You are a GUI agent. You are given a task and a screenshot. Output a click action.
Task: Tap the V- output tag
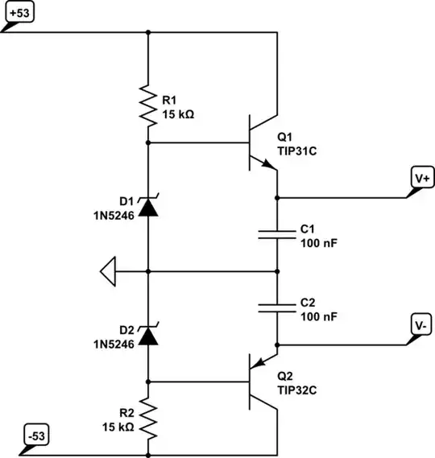coord(420,326)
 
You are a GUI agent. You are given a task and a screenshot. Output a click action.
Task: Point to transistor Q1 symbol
coord(259,143)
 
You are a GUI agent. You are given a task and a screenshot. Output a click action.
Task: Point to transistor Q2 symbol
coord(259,380)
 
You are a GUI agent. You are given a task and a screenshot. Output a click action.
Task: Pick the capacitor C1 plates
coord(276,234)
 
